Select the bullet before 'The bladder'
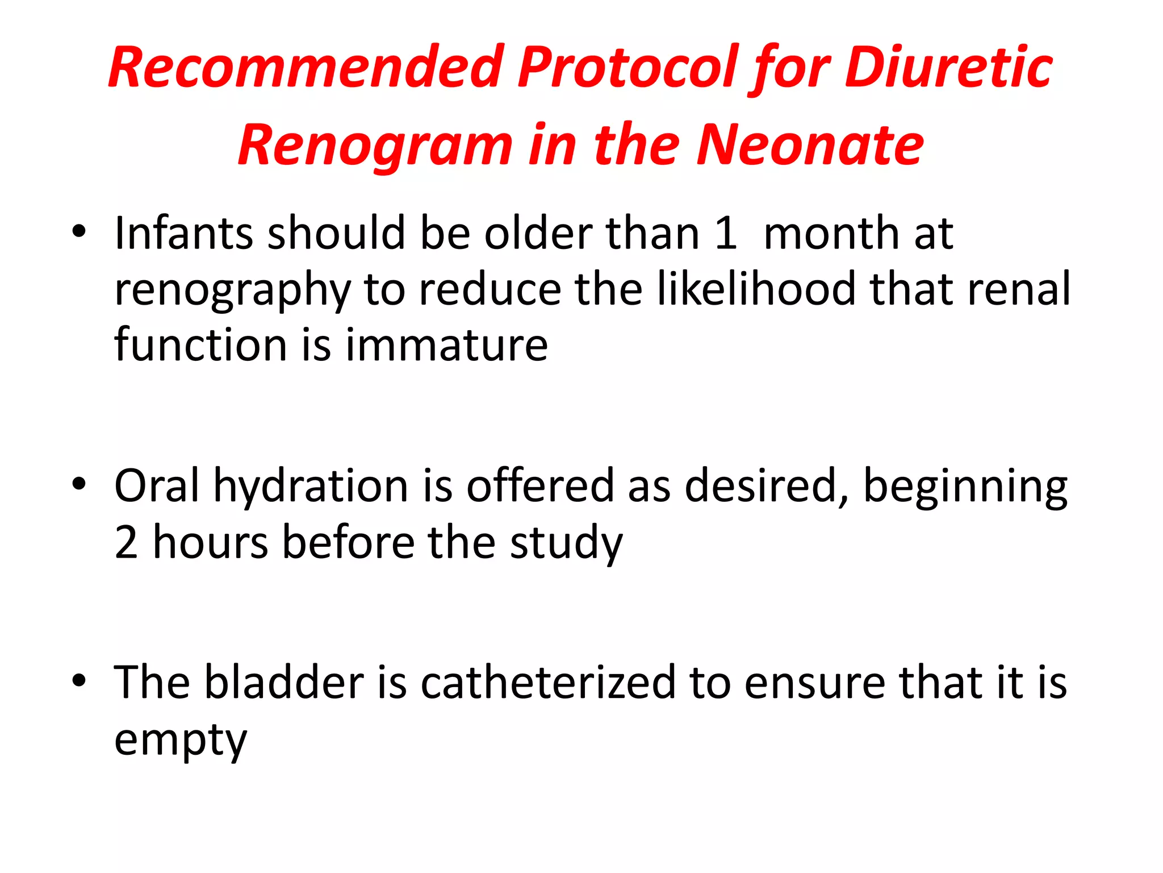click(79, 680)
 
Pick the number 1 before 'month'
click(725, 233)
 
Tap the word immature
click(446, 345)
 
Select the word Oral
click(157, 486)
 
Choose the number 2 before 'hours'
click(126, 542)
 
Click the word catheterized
click(548, 682)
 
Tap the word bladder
click(284, 682)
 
